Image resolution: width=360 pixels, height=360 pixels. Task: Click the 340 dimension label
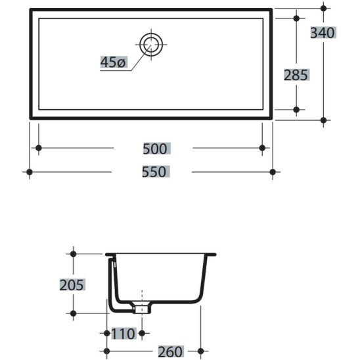(323, 33)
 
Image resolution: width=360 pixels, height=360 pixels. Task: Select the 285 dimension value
(296, 75)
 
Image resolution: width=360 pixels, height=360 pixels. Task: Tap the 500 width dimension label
(156, 148)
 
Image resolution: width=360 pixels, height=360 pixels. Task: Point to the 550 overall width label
(155, 171)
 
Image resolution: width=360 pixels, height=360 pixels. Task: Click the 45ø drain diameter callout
(114, 62)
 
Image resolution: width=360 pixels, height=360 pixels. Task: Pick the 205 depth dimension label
(72, 285)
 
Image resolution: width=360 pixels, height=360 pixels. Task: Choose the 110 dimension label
(124, 334)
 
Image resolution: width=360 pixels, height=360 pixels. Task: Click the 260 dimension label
(171, 351)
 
